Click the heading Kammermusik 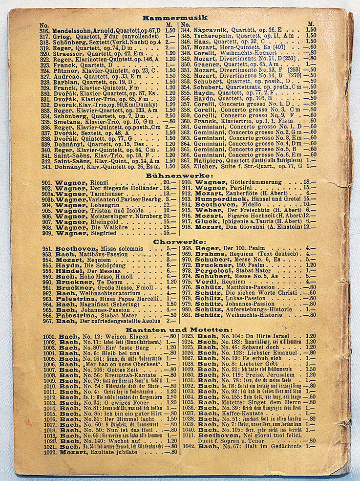coord(174,18)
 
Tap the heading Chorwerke coord(179,241)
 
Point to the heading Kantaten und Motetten coord(177,330)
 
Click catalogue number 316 coord(44,30)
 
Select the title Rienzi coord(98,182)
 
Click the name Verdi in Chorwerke coord(207,282)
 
